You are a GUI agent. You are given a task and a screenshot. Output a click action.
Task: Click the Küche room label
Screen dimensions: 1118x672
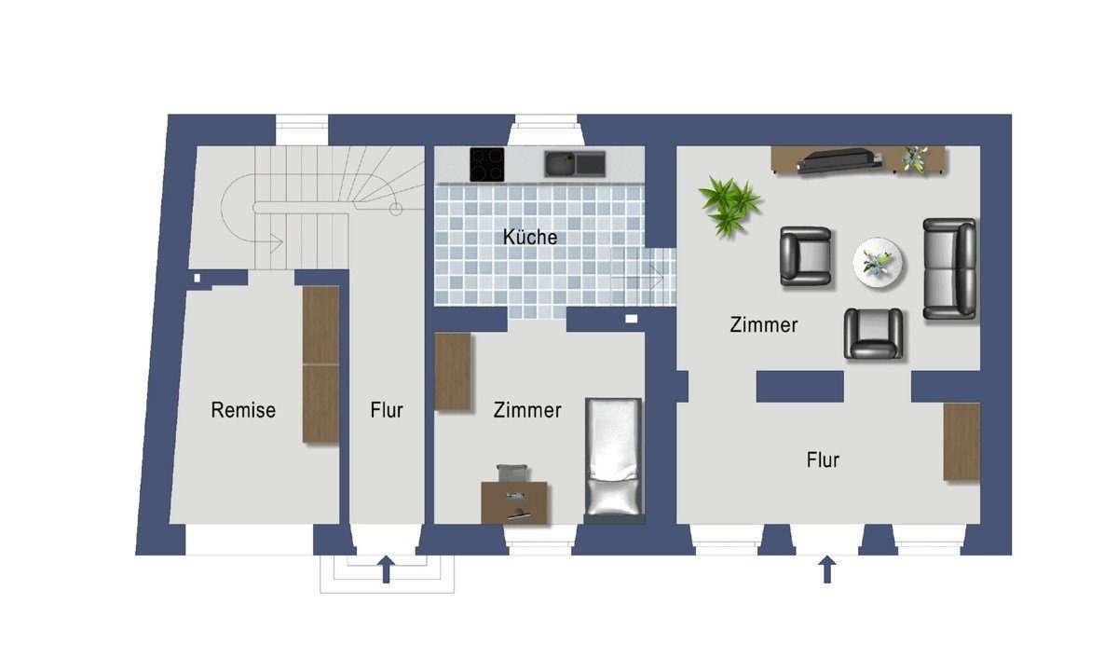click(x=529, y=237)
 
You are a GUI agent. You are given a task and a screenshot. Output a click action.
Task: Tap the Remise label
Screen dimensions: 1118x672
click(x=243, y=410)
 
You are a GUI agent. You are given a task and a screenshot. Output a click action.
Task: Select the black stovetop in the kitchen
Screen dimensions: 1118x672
click(x=486, y=164)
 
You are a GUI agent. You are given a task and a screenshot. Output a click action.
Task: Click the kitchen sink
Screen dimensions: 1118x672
click(x=575, y=164)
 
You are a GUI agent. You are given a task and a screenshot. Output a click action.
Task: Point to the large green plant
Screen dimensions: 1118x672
click(x=729, y=206)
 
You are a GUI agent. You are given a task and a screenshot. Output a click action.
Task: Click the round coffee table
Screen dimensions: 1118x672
click(x=878, y=263)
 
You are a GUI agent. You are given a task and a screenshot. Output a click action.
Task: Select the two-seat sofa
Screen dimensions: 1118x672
click(x=949, y=268)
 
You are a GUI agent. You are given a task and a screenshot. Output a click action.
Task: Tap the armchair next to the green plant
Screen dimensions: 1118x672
click(x=806, y=256)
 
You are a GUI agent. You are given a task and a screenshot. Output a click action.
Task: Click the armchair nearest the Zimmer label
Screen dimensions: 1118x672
click(x=873, y=334)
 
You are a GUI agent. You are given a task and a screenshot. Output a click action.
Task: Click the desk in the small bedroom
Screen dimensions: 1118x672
click(x=514, y=502)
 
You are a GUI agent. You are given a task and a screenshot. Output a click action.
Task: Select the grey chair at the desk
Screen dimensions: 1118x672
click(x=512, y=473)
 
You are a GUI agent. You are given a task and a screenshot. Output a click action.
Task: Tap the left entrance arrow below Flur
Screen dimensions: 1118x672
click(x=386, y=570)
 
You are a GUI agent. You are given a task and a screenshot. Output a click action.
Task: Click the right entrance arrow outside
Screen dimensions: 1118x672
click(x=827, y=570)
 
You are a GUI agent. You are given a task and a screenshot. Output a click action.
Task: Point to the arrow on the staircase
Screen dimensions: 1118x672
click(x=276, y=243)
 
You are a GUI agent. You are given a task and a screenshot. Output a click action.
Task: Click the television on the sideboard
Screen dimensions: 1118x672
click(x=839, y=160)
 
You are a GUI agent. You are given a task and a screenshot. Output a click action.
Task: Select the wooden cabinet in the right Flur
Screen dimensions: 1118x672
click(x=961, y=442)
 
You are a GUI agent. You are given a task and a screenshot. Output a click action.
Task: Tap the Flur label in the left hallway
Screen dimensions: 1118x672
click(x=387, y=410)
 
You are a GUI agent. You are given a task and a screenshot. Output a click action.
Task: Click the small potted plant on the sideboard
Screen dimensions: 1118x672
click(x=916, y=158)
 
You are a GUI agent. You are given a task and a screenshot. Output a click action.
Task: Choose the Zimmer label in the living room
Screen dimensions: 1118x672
click(x=764, y=324)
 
